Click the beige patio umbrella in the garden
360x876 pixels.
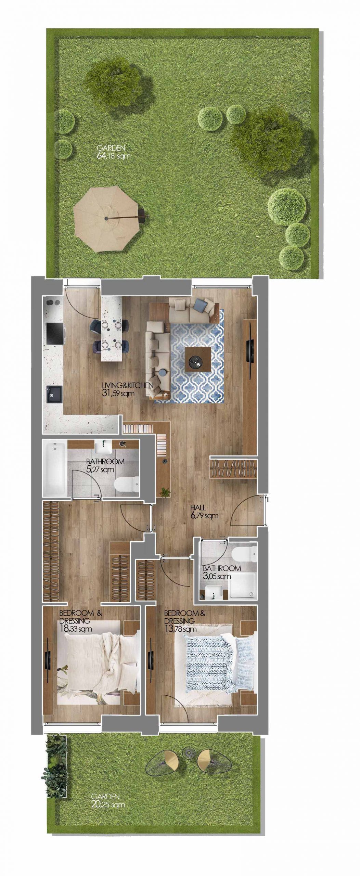(107, 219)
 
